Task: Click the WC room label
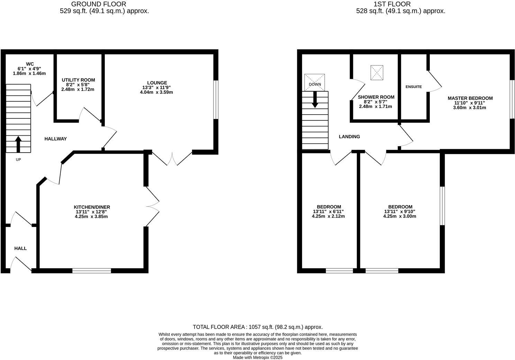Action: pos(30,64)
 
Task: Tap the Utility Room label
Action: pos(78,80)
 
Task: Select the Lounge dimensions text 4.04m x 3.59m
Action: pos(156,92)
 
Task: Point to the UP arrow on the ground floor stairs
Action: pos(18,144)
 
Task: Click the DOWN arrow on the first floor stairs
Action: pos(315,99)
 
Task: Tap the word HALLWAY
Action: pos(55,139)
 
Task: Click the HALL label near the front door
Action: pos(20,248)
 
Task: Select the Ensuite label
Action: pos(414,87)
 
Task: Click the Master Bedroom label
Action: pos(470,98)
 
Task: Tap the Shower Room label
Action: pos(376,97)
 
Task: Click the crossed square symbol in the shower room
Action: pos(377,72)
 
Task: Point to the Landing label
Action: pos(349,137)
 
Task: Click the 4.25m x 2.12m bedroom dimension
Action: pos(328,216)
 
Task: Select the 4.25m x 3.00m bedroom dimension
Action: pos(399,216)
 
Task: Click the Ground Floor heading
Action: pos(99,4)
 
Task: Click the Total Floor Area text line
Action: pos(257,327)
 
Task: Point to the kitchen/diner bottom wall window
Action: pos(92,270)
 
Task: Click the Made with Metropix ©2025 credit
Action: pos(257,358)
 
